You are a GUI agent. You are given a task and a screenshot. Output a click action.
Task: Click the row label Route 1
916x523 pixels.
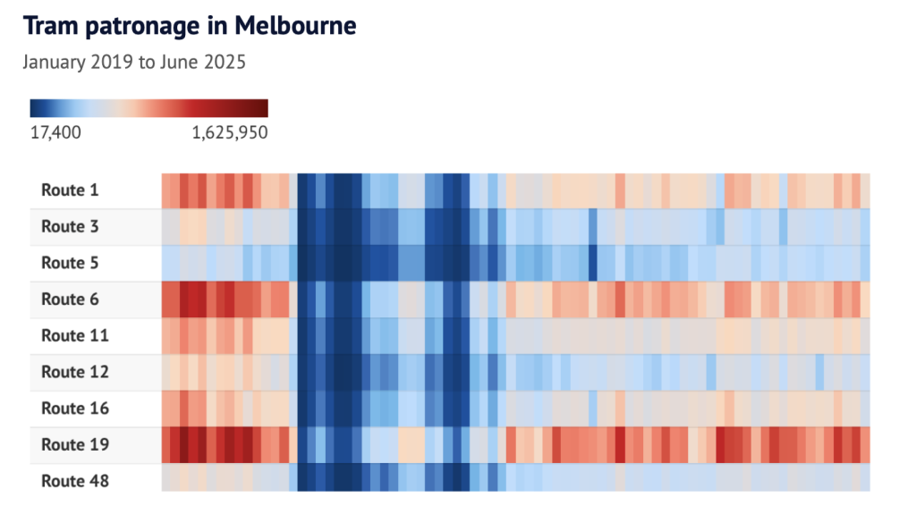pyautogui.click(x=70, y=190)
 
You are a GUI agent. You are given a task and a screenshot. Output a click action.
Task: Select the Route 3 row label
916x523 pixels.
pyautogui.click(x=70, y=226)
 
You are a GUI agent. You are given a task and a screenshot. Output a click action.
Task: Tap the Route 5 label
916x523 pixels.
pyautogui.click(x=70, y=263)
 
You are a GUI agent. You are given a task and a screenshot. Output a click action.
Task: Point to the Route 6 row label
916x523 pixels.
pyautogui.click(x=70, y=299)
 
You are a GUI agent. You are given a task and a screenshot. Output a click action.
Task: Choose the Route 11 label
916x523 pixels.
pyautogui.click(x=74, y=335)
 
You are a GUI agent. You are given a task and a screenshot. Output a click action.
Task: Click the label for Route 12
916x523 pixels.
pyautogui.click(x=74, y=372)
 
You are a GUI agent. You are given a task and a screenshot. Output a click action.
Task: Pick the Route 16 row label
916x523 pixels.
pyautogui.click(x=74, y=408)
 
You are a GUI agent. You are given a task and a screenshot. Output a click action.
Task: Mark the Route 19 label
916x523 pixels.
pyautogui.click(x=74, y=444)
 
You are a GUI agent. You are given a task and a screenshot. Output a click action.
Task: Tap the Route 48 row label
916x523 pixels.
pyautogui.click(x=74, y=481)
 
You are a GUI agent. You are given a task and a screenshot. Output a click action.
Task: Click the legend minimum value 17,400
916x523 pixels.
pyautogui.click(x=55, y=132)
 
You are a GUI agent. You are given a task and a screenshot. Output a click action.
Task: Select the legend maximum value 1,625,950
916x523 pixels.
pyautogui.click(x=229, y=132)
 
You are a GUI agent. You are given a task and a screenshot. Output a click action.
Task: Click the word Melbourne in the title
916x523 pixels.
pyautogui.click(x=295, y=26)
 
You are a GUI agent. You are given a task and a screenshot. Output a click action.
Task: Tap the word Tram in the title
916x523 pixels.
pyautogui.click(x=50, y=26)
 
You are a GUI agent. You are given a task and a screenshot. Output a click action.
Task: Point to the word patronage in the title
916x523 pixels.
pyautogui.click(x=140, y=28)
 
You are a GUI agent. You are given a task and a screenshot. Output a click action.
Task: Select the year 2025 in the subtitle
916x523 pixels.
pyautogui.click(x=225, y=63)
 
